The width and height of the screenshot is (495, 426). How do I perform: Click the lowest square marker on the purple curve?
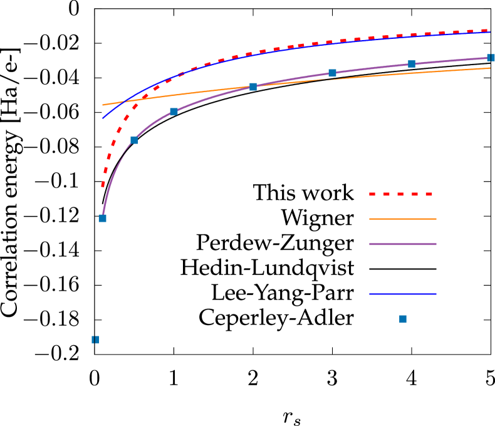click(x=102, y=218)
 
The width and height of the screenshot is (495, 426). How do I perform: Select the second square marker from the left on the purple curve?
click(x=133, y=140)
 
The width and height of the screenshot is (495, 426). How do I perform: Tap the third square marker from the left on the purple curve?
click(x=174, y=112)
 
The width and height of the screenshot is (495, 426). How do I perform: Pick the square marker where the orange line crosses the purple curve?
click(x=253, y=86)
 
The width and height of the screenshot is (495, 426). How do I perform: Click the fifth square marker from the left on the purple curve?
click(x=332, y=73)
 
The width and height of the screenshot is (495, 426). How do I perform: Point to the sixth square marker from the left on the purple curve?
click(x=411, y=64)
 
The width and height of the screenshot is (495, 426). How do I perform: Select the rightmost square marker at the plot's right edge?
click(x=491, y=58)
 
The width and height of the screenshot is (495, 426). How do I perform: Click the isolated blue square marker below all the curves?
click(x=95, y=340)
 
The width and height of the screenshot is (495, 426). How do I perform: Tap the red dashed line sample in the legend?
click(x=401, y=194)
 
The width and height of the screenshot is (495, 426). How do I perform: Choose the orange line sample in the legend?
click(x=402, y=219)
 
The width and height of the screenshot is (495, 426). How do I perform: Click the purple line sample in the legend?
click(x=402, y=244)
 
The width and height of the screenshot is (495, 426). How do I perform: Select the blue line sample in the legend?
click(x=402, y=294)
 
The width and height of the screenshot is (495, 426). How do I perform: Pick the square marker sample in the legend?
click(x=403, y=319)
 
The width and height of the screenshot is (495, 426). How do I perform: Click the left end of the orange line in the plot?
click(x=103, y=105)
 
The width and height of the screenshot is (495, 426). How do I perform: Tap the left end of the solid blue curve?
click(x=103, y=118)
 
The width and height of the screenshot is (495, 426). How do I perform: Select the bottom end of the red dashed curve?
click(x=103, y=186)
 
